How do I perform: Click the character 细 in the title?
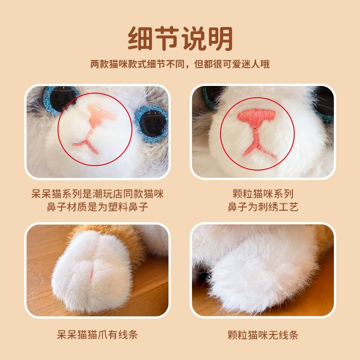click(x=140, y=38)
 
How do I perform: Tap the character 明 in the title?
click(x=220, y=38)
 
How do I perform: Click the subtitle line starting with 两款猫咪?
click(x=180, y=64)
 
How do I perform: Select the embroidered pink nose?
click(x=256, y=117)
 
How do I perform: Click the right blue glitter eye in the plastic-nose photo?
click(x=152, y=124)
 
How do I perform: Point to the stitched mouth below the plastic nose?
click(x=86, y=142)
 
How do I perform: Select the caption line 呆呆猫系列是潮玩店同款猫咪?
click(x=97, y=194)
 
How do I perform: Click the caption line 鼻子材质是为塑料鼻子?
click(x=97, y=207)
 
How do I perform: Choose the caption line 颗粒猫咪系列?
click(x=263, y=194)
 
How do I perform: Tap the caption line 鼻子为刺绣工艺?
click(x=263, y=207)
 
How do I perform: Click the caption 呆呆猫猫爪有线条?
click(x=97, y=334)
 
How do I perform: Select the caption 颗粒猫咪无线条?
click(x=263, y=335)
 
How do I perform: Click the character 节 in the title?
click(x=167, y=38)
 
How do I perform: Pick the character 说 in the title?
click(x=194, y=38)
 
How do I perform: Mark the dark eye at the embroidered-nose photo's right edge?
click(x=324, y=103)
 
